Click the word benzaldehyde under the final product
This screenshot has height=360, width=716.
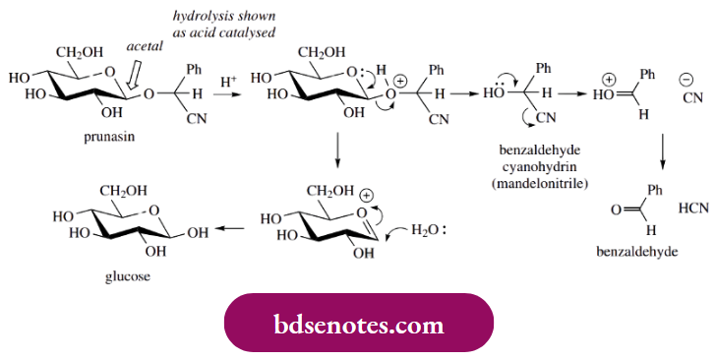click(637, 252)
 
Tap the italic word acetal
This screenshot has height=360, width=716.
click(145, 45)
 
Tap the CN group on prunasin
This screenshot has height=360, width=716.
click(188, 120)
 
